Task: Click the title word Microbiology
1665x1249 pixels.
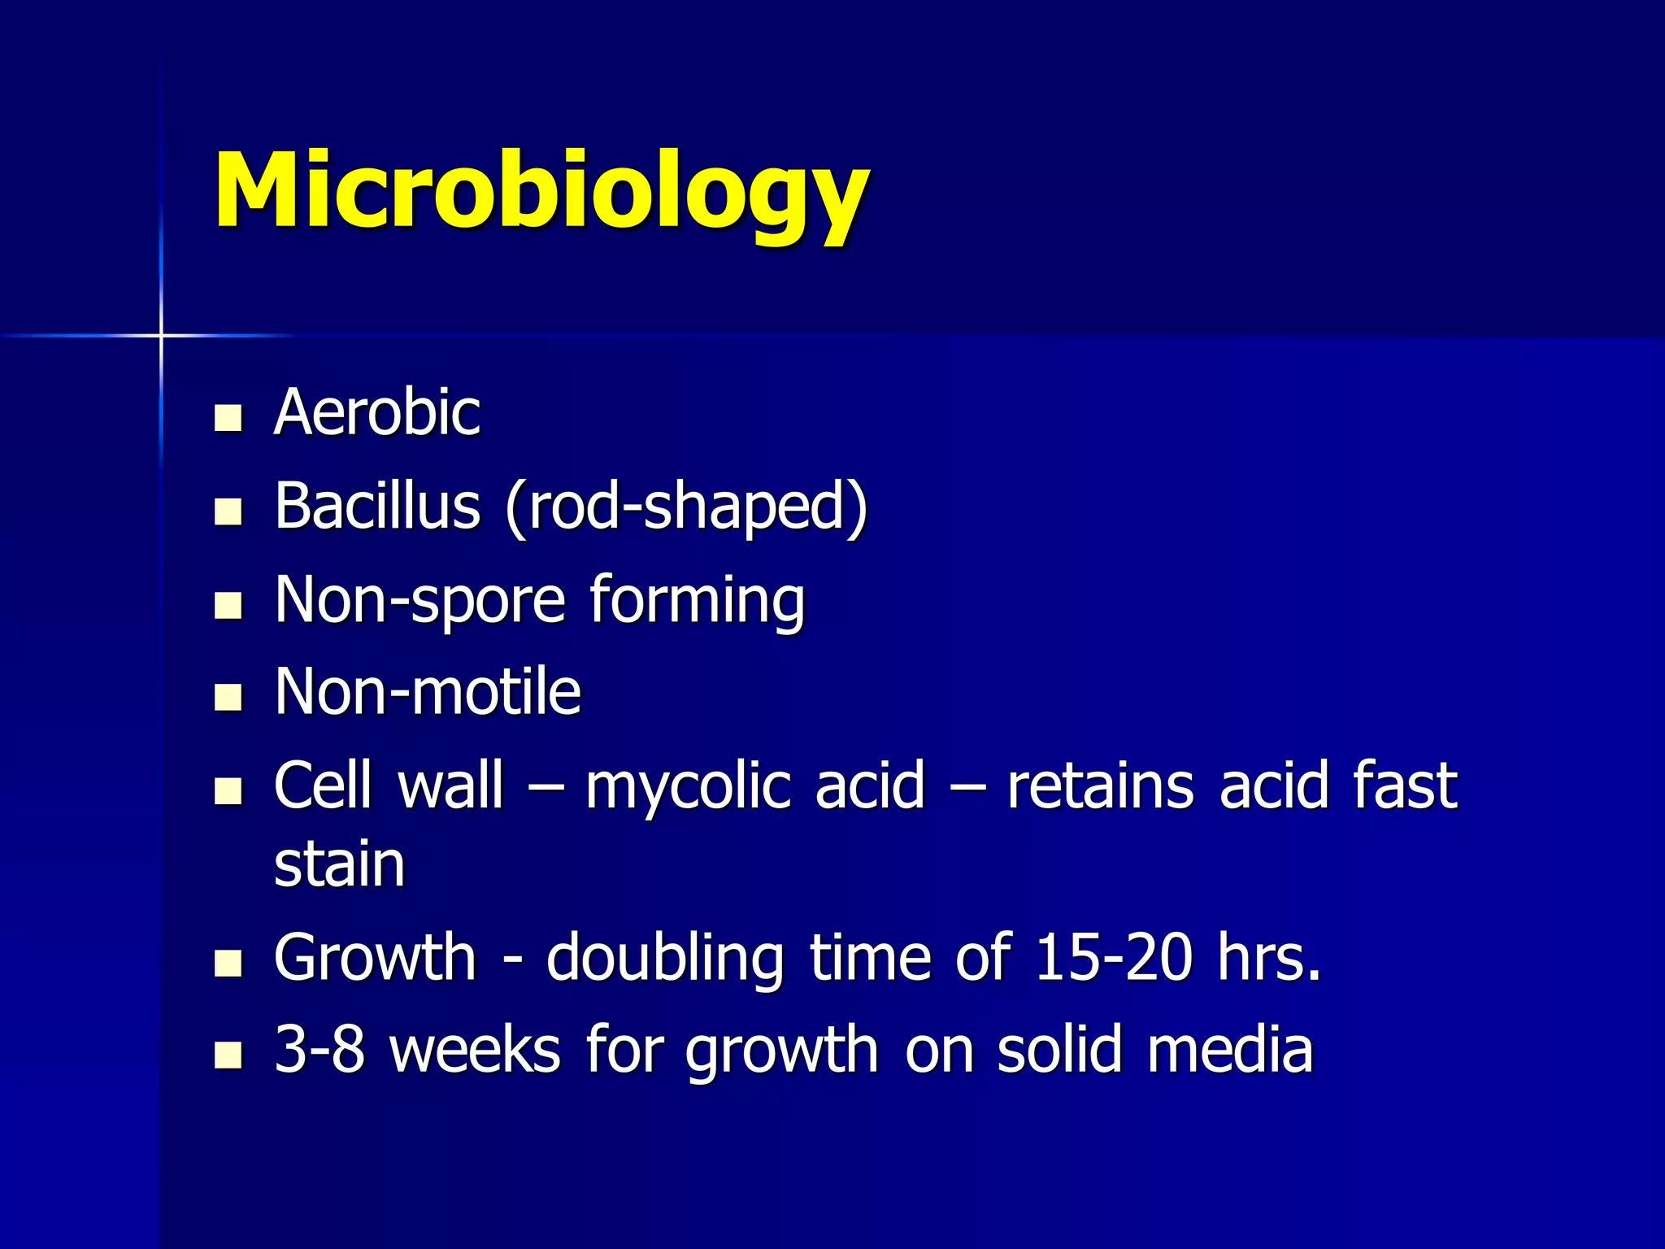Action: [x=541, y=194]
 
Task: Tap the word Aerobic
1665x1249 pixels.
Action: [x=377, y=412]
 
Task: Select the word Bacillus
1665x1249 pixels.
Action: [x=377, y=506]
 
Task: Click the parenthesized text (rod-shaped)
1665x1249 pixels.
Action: [x=686, y=507]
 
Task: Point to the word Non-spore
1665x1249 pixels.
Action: [x=420, y=600]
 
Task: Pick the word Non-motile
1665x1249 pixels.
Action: [x=428, y=692]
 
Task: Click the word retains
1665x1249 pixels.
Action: [x=1100, y=786]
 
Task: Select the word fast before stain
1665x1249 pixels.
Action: [x=1405, y=786]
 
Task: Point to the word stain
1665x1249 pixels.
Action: [x=340, y=864]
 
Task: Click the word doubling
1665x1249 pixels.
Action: [x=665, y=960]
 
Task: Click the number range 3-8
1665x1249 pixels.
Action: [x=320, y=1050]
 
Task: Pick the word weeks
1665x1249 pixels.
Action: [x=476, y=1050]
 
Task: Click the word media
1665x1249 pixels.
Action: [x=1229, y=1050]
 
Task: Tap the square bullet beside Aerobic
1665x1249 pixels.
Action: [x=228, y=418]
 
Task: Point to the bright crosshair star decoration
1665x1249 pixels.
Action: [x=161, y=334]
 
